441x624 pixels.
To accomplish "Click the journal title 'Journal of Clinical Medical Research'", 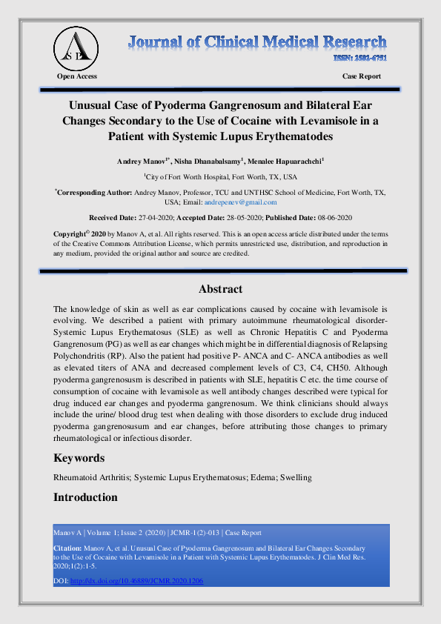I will [x=256, y=42].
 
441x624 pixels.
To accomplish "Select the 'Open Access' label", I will [x=77, y=76].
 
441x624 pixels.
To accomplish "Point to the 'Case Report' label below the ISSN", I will [x=362, y=76].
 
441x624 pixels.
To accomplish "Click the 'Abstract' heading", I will [x=220, y=289].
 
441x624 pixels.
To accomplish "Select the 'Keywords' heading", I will [x=79, y=458].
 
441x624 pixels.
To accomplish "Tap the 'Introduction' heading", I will [x=85, y=497].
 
